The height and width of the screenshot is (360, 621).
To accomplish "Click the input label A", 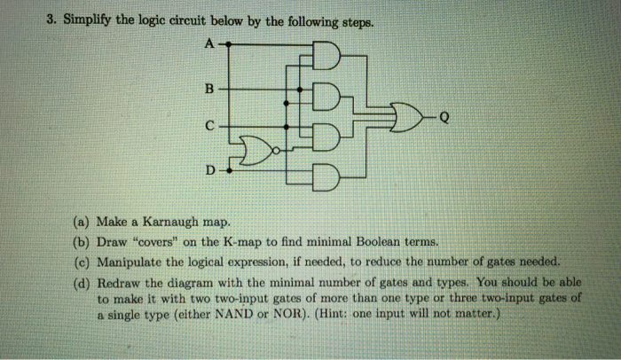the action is [x=210, y=43].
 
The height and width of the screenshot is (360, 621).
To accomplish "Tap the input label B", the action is [x=209, y=89].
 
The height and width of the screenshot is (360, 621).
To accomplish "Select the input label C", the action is [x=209, y=126].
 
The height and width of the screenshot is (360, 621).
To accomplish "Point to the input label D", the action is [x=210, y=170].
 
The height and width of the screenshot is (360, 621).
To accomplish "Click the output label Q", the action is [x=444, y=117].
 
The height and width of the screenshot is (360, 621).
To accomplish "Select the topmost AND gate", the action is [x=326, y=56].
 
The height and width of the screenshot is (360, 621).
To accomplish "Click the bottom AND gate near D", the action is [x=326, y=177].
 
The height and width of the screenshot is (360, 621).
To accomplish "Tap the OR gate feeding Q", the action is [x=406, y=117].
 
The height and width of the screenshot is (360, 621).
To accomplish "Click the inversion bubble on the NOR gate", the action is [x=277, y=151].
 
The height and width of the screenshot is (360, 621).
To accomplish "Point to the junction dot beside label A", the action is [x=229, y=44].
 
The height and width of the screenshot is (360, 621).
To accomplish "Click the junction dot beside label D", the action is [x=229, y=171].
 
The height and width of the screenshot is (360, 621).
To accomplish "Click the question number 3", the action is [x=51, y=20].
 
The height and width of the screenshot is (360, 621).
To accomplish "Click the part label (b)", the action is [x=82, y=242].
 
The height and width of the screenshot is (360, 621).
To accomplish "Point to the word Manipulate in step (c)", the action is [x=130, y=262].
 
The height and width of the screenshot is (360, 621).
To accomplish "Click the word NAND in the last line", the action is [x=233, y=314].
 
